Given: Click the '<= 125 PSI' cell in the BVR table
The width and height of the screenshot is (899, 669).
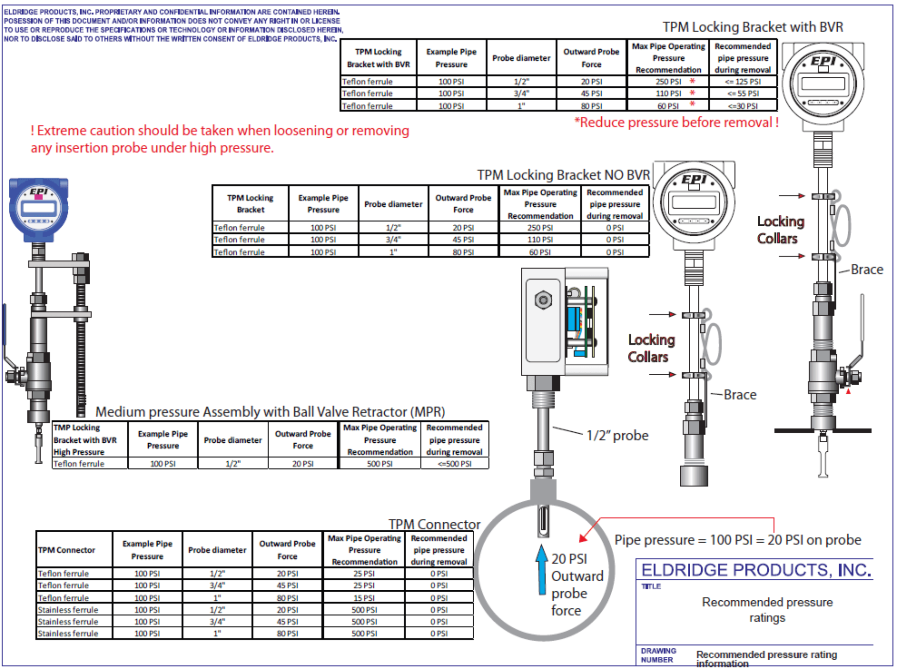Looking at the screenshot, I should pyautogui.click(x=743, y=82).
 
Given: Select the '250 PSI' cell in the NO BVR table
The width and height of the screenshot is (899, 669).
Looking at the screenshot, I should pyautogui.click(x=540, y=228).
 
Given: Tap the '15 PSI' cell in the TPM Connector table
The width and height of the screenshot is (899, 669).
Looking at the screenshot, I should pyautogui.click(x=364, y=598).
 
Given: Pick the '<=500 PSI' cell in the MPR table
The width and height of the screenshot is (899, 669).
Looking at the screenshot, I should pyautogui.click(x=454, y=464).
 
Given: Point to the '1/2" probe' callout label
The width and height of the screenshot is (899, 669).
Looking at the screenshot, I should pyautogui.click(x=617, y=435).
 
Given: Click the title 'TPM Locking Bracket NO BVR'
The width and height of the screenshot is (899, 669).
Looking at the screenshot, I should pyautogui.click(x=563, y=175).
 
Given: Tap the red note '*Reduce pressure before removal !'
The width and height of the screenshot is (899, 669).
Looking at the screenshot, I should pyautogui.click(x=676, y=122).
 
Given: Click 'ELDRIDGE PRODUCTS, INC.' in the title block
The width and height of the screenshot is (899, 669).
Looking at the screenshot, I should pyautogui.click(x=756, y=570).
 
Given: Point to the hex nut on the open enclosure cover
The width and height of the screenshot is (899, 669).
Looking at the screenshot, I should pyautogui.click(x=543, y=300).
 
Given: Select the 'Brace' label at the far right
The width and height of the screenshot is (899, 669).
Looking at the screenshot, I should pyautogui.click(x=867, y=269).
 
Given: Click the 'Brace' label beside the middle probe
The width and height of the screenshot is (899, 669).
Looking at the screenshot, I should pyautogui.click(x=740, y=395).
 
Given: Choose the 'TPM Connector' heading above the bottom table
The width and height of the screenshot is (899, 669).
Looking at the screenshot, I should pyautogui.click(x=434, y=524).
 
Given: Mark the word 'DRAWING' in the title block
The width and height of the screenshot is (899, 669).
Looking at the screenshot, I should pyautogui.click(x=658, y=650).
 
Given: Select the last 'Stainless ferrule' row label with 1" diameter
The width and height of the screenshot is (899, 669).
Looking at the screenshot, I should pyautogui.click(x=68, y=633).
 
